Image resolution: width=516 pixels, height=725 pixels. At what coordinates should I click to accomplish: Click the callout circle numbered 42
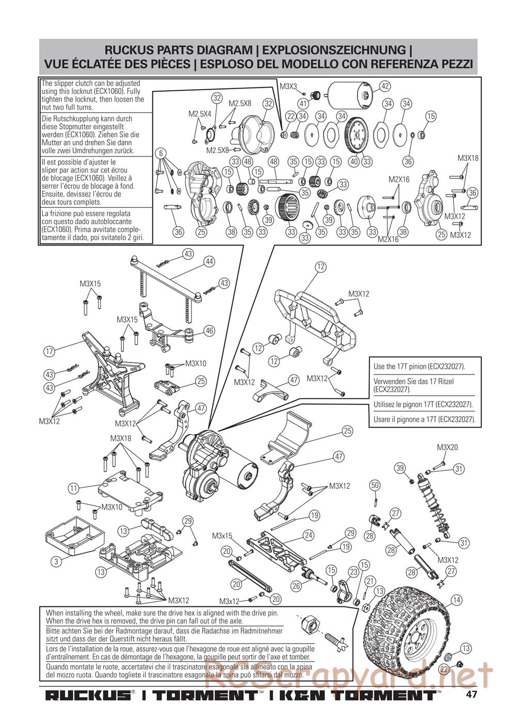click(x=384, y=86)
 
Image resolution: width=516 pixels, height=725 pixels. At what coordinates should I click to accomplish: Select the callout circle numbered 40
click(x=353, y=161)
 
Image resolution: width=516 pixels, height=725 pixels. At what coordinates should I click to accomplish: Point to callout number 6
click(x=162, y=153)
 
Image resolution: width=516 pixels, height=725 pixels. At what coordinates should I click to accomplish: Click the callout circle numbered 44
click(x=209, y=261)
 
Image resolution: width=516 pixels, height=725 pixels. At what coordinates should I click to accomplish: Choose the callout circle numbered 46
click(x=209, y=331)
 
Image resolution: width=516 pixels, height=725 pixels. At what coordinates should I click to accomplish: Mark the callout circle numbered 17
click(x=49, y=352)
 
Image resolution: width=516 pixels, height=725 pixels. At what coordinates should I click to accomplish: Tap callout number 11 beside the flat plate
click(x=73, y=487)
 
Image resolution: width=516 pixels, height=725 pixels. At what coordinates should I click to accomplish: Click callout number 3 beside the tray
click(x=56, y=562)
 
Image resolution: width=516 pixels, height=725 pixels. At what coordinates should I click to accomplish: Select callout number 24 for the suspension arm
click(x=309, y=535)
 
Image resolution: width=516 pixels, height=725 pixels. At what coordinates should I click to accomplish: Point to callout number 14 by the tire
click(x=456, y=599)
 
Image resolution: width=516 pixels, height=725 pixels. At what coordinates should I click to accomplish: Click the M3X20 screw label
click(x=447, y=447)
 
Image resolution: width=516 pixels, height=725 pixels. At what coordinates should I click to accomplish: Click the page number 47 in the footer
click(x=471, y=694)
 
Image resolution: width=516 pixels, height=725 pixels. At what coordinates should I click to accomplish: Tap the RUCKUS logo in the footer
click(x=88, y=695)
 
